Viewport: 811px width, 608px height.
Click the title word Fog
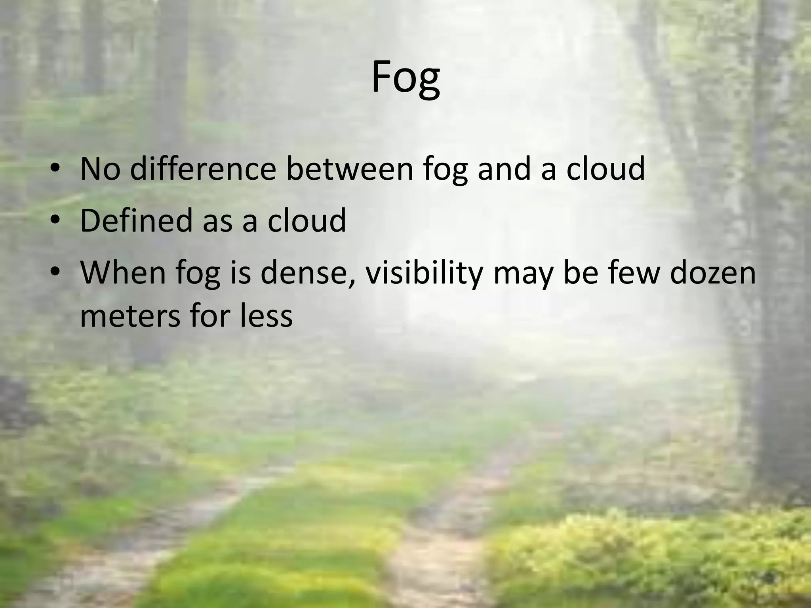pyautogui.click(x=405, y=78)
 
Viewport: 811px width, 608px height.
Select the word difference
pyautogui.click(x=203, y=169)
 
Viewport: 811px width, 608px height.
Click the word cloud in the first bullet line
pyautogui.click(x=605, y=169)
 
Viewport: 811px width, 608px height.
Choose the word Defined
pyautogui.click(x=137, y=220)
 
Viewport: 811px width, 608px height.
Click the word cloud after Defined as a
pyautogui.click(x=307, y=220)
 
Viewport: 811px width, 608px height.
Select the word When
pyautogui.click(x=123, y=273)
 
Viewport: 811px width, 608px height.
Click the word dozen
pyautogui.click(x=713, y=273)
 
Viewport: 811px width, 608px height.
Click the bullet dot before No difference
pyautogui.click(x=55, y=169)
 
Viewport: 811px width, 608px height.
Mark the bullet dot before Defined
pyautogui.click(x=55, y=220)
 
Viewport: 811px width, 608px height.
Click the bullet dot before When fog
pyautogui.click(x=55, y=273)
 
